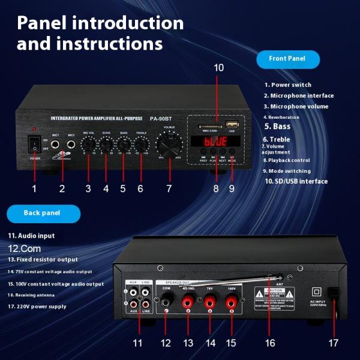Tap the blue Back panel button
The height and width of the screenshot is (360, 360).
click(43, 213)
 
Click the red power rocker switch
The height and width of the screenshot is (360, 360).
click(35, 144)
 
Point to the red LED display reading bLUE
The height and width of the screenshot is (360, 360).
click(214, 143)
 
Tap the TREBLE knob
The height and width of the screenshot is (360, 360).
click(142, 145)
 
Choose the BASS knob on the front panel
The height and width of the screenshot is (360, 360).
click(124, 145)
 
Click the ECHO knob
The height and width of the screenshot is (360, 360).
click(106, 145)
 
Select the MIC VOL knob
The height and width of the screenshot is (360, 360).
click(89, 145)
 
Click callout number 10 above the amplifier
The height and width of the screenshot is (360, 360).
click(218, 68)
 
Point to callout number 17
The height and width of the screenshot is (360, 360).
click(334, 344)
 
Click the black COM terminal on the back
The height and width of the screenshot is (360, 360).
click(166, 304)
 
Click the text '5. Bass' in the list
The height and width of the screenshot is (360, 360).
click(277, 127)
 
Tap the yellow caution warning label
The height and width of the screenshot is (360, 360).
click(274, 296)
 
